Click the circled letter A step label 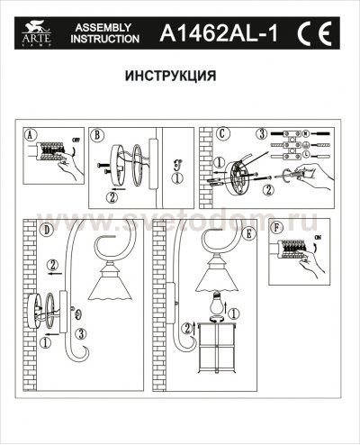[x=32, y=136]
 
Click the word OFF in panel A [x=74, y=140]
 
